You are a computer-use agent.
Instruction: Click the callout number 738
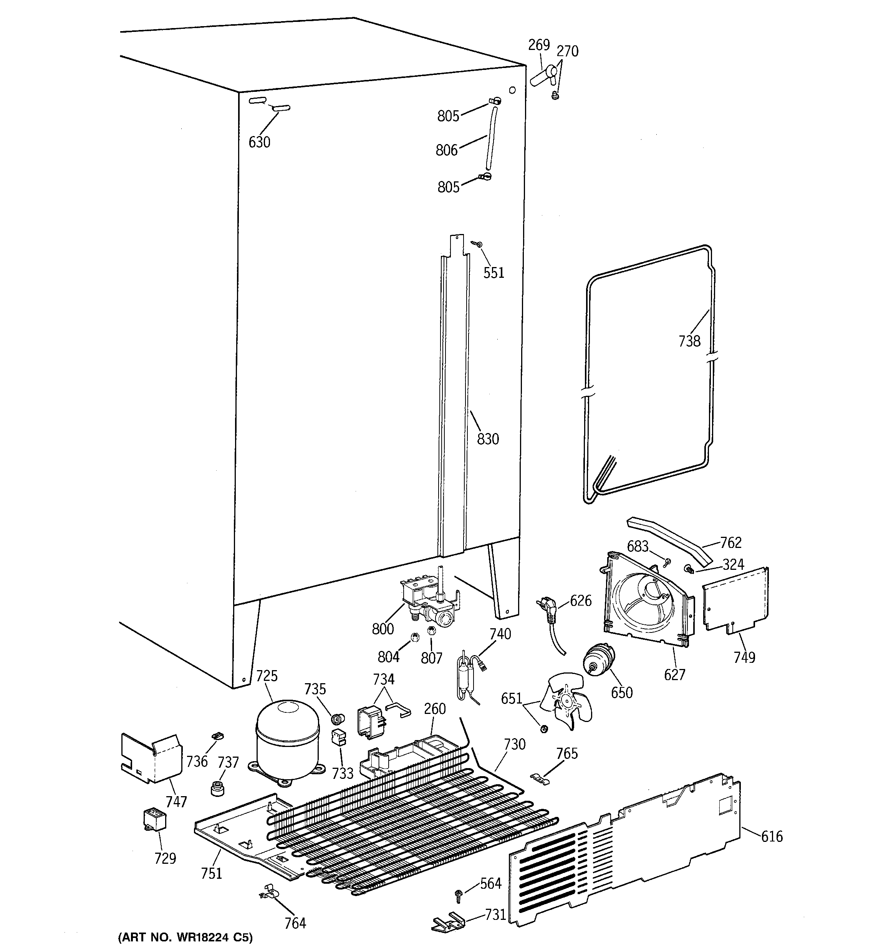coord(689,341)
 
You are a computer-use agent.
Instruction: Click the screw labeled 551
coord(477,244)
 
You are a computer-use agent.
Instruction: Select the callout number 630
coord(259,142)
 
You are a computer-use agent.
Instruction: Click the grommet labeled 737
coord(218,788)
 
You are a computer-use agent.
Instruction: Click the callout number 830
coord(488,439)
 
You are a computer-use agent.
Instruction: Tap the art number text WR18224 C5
coord(185,938)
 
